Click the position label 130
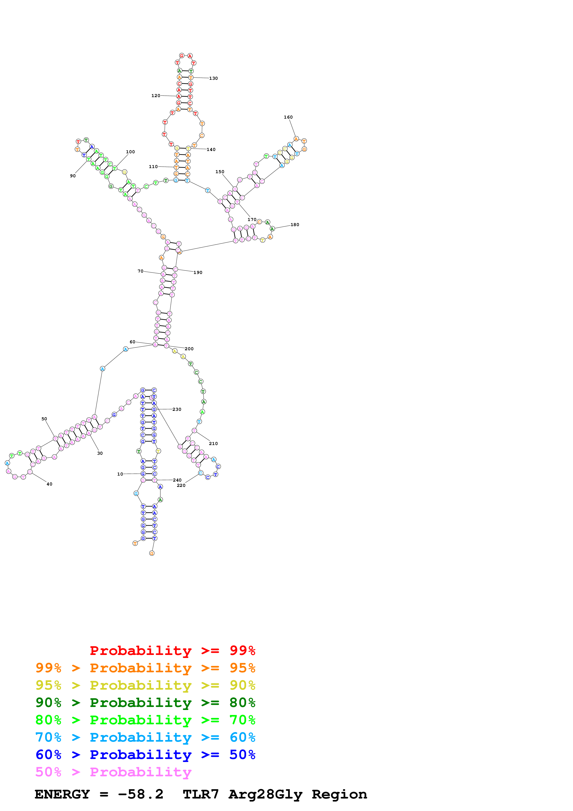pyautogui.click(x=213, y=78)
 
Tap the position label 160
pyautogui.click(x=288, y=117)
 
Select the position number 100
pyautogui.click(x=130, y=152)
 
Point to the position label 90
pyautogui.click(x=73, y=176)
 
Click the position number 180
pyautogui.click(x=295, y=225)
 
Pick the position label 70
pyautogui.click(x=141, y=271)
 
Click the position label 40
pyautogui.click(x=49, y=484)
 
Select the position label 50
pyautogui.click(x=44, y=419)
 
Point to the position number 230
pyautogui.click(x=177, y=409)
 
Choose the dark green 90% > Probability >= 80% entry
pyautogui.click(x=145, y=703)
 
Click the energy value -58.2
pyautogui.click(x=141, y=794)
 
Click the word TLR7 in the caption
pyautogui.click(x=201, y=794)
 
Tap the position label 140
pyautogui.click(x=211, y=150)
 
